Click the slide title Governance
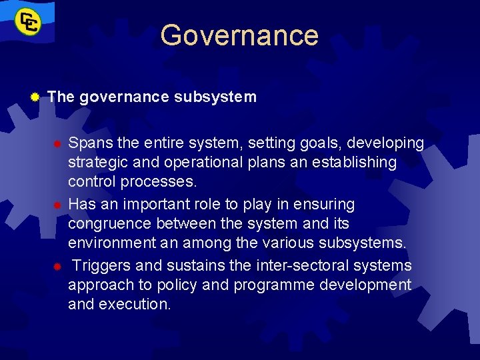pos(239,35)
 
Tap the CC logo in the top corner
pos(29,23)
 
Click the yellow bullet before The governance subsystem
pos(35,97)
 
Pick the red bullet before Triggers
pos(58,266)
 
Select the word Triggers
pos(102,265)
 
